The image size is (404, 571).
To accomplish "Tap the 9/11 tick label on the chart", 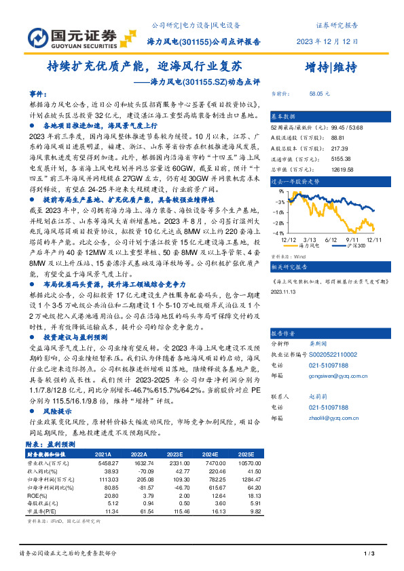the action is (x=352, y=238).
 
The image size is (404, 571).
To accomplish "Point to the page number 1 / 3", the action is (x=369, y=555).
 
